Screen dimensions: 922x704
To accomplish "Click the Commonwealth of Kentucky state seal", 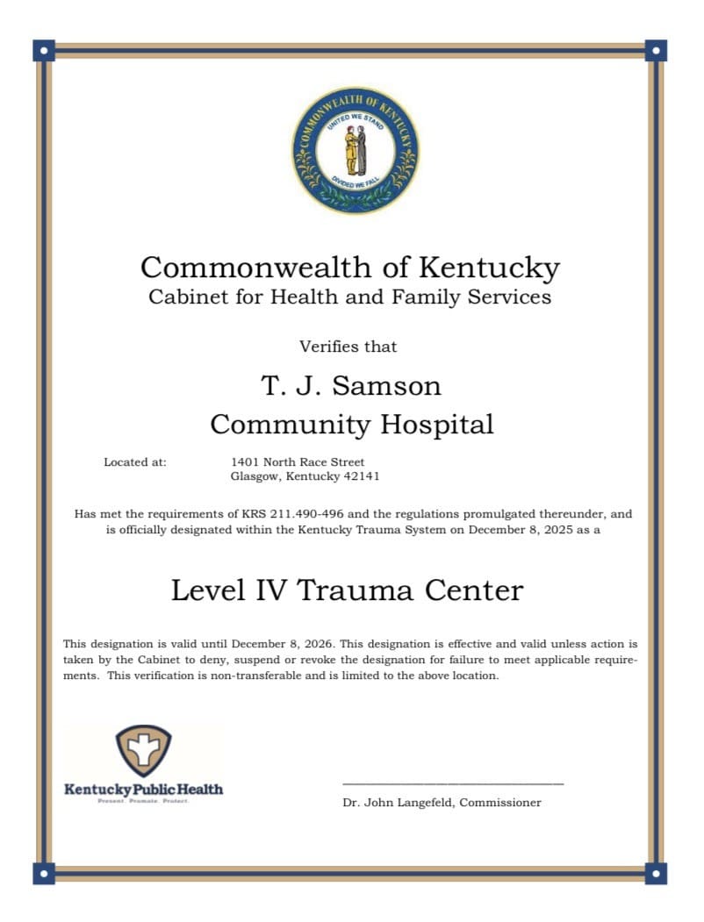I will pyautogui.click(x=355, y=150).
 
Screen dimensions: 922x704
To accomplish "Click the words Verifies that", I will pyautogui.click(x=348, y=347).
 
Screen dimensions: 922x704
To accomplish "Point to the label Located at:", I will pyautogui.click(x=135, y=461).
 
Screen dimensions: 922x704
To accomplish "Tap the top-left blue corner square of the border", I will pyautogui.click(x=44, y=50).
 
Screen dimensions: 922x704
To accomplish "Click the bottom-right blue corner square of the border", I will pyautogui.click(x=655, y=872).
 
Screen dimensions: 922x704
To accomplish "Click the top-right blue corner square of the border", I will pyautogui.click(x=655, y=50).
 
